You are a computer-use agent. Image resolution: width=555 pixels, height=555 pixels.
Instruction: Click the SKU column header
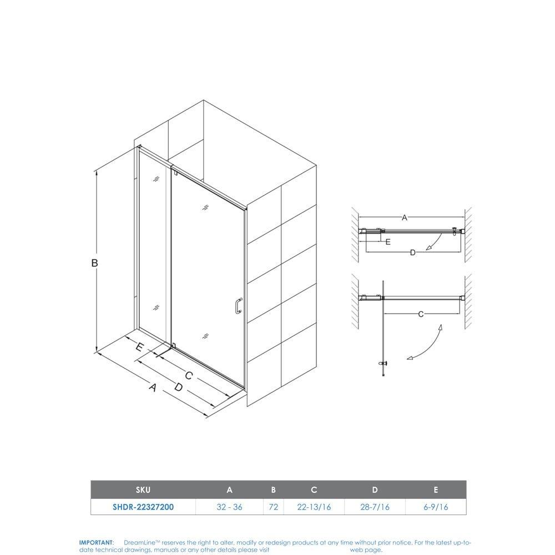tap(143, 490)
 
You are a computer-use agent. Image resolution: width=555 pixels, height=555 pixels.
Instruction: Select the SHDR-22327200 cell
tap(143, 506)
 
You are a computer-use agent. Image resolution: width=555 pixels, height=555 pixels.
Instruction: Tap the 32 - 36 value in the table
tap(230, 506)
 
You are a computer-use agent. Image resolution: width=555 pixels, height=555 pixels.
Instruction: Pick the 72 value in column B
tap(273, 506)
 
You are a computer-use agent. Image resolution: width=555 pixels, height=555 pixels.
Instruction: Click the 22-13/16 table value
tap(314, 506)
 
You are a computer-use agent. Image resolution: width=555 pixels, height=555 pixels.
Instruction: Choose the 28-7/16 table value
tap(375, 506)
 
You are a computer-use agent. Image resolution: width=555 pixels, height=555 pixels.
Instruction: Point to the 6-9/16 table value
tap(436, 506)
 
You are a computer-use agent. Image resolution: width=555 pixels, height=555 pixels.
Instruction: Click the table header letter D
tap(375, 490)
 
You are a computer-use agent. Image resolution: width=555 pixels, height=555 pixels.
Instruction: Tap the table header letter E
tap(436, 490)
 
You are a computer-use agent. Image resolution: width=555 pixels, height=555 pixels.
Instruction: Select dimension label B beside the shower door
tap(95, 263)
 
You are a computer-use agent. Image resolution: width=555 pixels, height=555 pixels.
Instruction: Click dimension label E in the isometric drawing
tap(140, 347)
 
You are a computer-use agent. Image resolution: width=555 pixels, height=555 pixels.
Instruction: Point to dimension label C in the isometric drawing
tap(188, 376)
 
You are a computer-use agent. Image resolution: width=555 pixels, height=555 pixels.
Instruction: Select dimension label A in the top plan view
tap(405, 218)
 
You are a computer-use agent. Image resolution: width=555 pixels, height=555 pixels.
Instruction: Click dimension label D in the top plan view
tap(412, 253)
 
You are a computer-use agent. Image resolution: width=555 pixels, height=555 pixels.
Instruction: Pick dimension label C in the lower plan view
tap(421, 314)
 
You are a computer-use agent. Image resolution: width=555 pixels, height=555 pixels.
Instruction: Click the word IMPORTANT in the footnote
tap(96, 542)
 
